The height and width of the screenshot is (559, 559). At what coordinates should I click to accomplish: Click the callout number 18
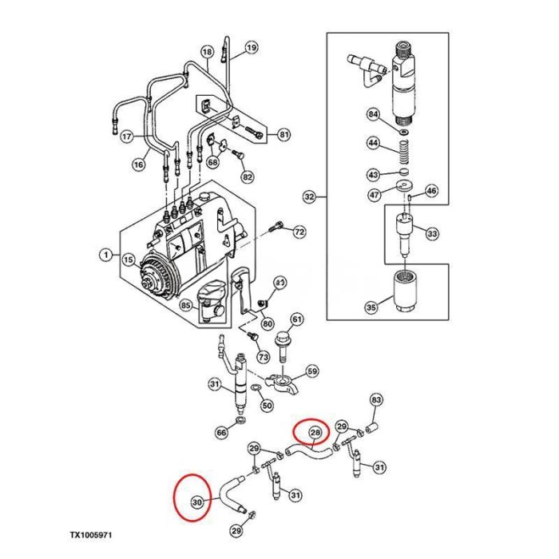pyautogui.click(x=207, y=54)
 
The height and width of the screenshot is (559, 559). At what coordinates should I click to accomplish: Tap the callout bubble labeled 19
pyautogui.click(x=252, y=48)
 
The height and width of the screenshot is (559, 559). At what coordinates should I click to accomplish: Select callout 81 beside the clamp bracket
pyautogui.click(x=283, y=133)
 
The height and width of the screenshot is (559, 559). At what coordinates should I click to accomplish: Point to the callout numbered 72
pyautogui.click(x=299, y=232)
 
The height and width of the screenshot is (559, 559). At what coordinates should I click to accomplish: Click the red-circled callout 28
pyautogui.click(x=315, y=433)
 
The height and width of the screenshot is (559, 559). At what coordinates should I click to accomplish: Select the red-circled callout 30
pyautogui.click(x=196, y=502)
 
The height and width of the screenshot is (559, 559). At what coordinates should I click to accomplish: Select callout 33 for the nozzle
pyautogui.click(x=432, y=234)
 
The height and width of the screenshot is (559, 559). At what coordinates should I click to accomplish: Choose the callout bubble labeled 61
pyautogui.click(x=296, y=320)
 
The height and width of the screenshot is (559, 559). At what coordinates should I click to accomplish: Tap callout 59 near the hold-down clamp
pyautogui.click(x=312, y=371)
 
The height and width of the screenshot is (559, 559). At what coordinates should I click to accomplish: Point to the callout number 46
pyautogui.click(x=431, y=191)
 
